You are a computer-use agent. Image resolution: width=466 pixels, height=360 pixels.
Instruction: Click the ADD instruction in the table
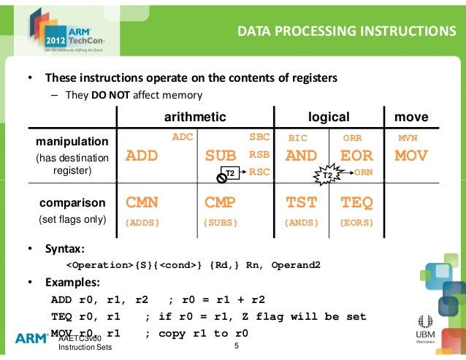142,156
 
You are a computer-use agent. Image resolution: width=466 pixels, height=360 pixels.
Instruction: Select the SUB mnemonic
221,156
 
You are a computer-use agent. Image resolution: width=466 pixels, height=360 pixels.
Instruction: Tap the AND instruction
301,156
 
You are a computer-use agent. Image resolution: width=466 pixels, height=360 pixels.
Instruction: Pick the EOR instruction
356,156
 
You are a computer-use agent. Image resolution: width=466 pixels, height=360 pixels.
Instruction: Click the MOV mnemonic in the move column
411,156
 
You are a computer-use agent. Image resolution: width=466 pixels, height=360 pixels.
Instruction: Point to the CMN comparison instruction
142,202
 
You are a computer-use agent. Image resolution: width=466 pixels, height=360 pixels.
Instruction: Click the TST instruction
300,202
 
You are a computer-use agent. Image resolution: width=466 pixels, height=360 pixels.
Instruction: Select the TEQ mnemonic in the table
356,202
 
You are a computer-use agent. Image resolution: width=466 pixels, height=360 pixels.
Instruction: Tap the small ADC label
182,137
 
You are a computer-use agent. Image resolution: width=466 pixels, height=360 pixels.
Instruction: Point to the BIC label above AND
299,137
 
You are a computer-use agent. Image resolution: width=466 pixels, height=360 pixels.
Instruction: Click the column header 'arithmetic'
194,117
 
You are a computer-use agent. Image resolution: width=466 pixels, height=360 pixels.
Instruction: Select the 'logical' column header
329,117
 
